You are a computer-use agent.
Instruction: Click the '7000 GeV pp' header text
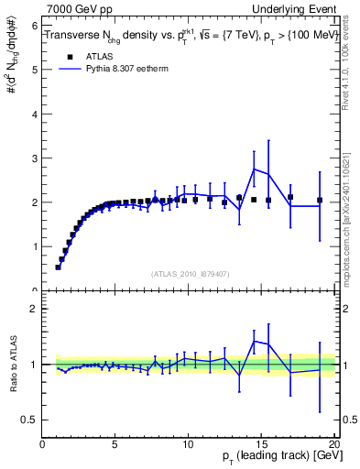coord(77,8)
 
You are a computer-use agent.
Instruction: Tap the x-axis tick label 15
coord(262,445)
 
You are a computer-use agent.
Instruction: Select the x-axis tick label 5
coord(115,445)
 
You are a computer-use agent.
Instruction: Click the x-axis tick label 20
coord(334,445)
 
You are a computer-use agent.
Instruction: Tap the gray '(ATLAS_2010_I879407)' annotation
coord(190,273)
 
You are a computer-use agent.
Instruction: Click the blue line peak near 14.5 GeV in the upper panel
coord(254,168)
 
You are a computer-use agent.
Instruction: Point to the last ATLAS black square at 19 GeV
coord(320,200)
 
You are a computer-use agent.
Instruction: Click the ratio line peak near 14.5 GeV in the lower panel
coord(254,341)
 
